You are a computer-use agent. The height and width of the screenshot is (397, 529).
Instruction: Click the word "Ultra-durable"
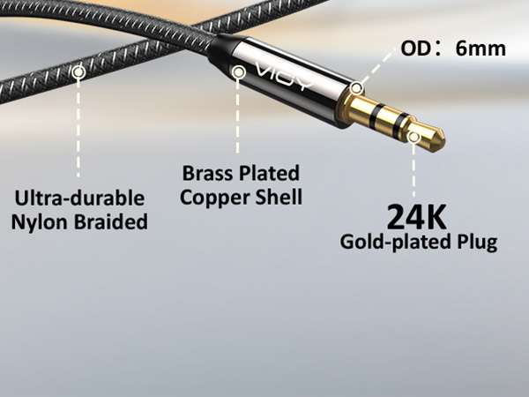point(79,198)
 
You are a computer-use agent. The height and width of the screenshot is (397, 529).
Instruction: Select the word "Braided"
point(111,221)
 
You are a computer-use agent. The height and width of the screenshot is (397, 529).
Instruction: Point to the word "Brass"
point(207,173)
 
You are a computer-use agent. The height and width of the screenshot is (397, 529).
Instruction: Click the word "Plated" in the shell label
point(269,173)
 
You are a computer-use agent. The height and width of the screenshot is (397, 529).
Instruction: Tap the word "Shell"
point(279,197)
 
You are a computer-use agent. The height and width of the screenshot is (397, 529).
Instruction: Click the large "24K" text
point(417,217)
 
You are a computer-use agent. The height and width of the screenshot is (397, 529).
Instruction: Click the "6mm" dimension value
point(481,49)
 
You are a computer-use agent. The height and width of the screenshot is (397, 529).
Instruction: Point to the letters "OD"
point(415,49)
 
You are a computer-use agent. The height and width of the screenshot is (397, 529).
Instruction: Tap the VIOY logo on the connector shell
point(283,76)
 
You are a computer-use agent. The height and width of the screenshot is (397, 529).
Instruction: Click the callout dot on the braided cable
point(78,72)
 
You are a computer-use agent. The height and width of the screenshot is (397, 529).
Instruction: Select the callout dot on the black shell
point(239,72)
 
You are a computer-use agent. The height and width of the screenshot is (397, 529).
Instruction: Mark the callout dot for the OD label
point(356,88)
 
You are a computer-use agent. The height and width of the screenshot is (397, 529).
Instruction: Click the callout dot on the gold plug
point(414,137)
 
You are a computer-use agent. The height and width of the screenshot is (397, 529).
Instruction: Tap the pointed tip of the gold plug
point(444,141)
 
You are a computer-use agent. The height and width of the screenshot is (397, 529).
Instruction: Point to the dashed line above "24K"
point(414,170)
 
